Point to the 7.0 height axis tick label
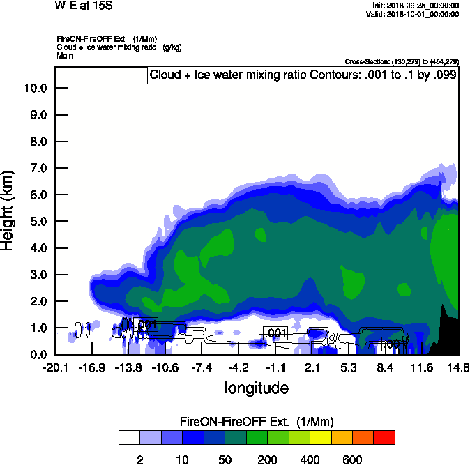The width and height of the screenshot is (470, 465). click(x=39, y=168)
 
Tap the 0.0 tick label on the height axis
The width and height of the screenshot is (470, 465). click(x=39, y=354)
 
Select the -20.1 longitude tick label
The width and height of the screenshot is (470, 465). click(x=55, y=367)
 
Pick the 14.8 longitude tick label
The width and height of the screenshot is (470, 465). click(x=458, y=367)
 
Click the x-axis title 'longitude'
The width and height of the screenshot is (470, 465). click(x=256, y=387)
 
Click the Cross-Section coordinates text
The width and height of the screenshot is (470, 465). click(x=402, y=61)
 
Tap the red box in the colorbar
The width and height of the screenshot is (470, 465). click(x=384, y=438)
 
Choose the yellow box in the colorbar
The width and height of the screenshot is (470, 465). click(x=321, y=438)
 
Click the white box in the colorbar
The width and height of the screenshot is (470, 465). click(x=129, y=438)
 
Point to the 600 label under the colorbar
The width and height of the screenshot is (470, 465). click(x=352, y=459)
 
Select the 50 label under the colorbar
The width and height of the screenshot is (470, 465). click(x=225, y=459)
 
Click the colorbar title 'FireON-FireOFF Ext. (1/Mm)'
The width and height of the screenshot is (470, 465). click(x=256, y=422)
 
